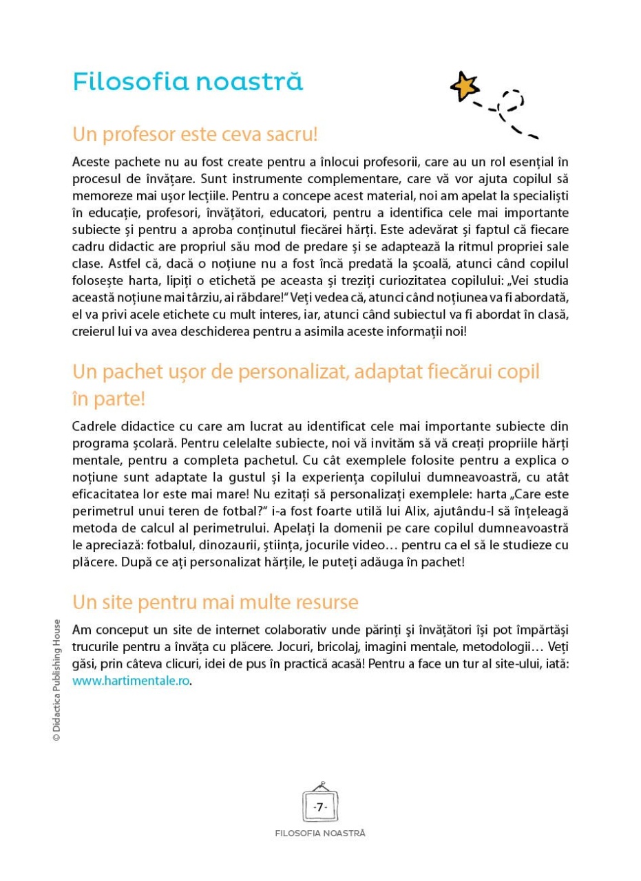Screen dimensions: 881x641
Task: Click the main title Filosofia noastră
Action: click(187, 82)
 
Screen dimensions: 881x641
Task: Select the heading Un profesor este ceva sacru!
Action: click(195, 134)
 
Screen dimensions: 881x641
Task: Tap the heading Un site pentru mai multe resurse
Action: click(215, 602)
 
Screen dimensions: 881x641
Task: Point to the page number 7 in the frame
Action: click(319, 806)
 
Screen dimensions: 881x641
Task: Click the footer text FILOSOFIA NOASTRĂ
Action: click(319, 833)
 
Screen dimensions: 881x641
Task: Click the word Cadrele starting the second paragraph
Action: click(94, 427)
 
